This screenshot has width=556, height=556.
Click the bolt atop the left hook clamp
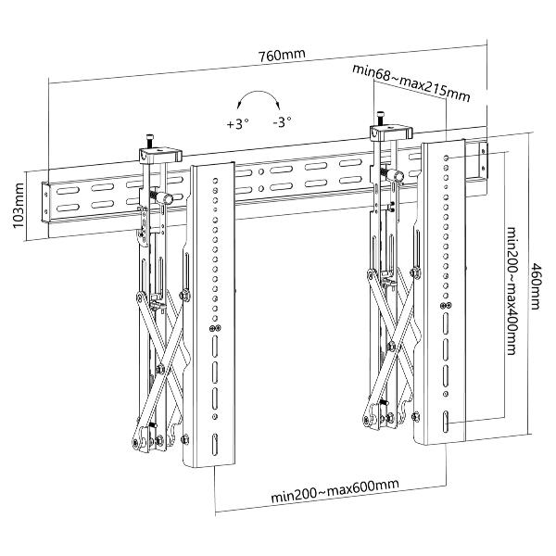coord(147,143)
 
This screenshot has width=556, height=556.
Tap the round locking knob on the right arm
coord(397,176)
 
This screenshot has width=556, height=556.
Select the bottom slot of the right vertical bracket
coord(446,420)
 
